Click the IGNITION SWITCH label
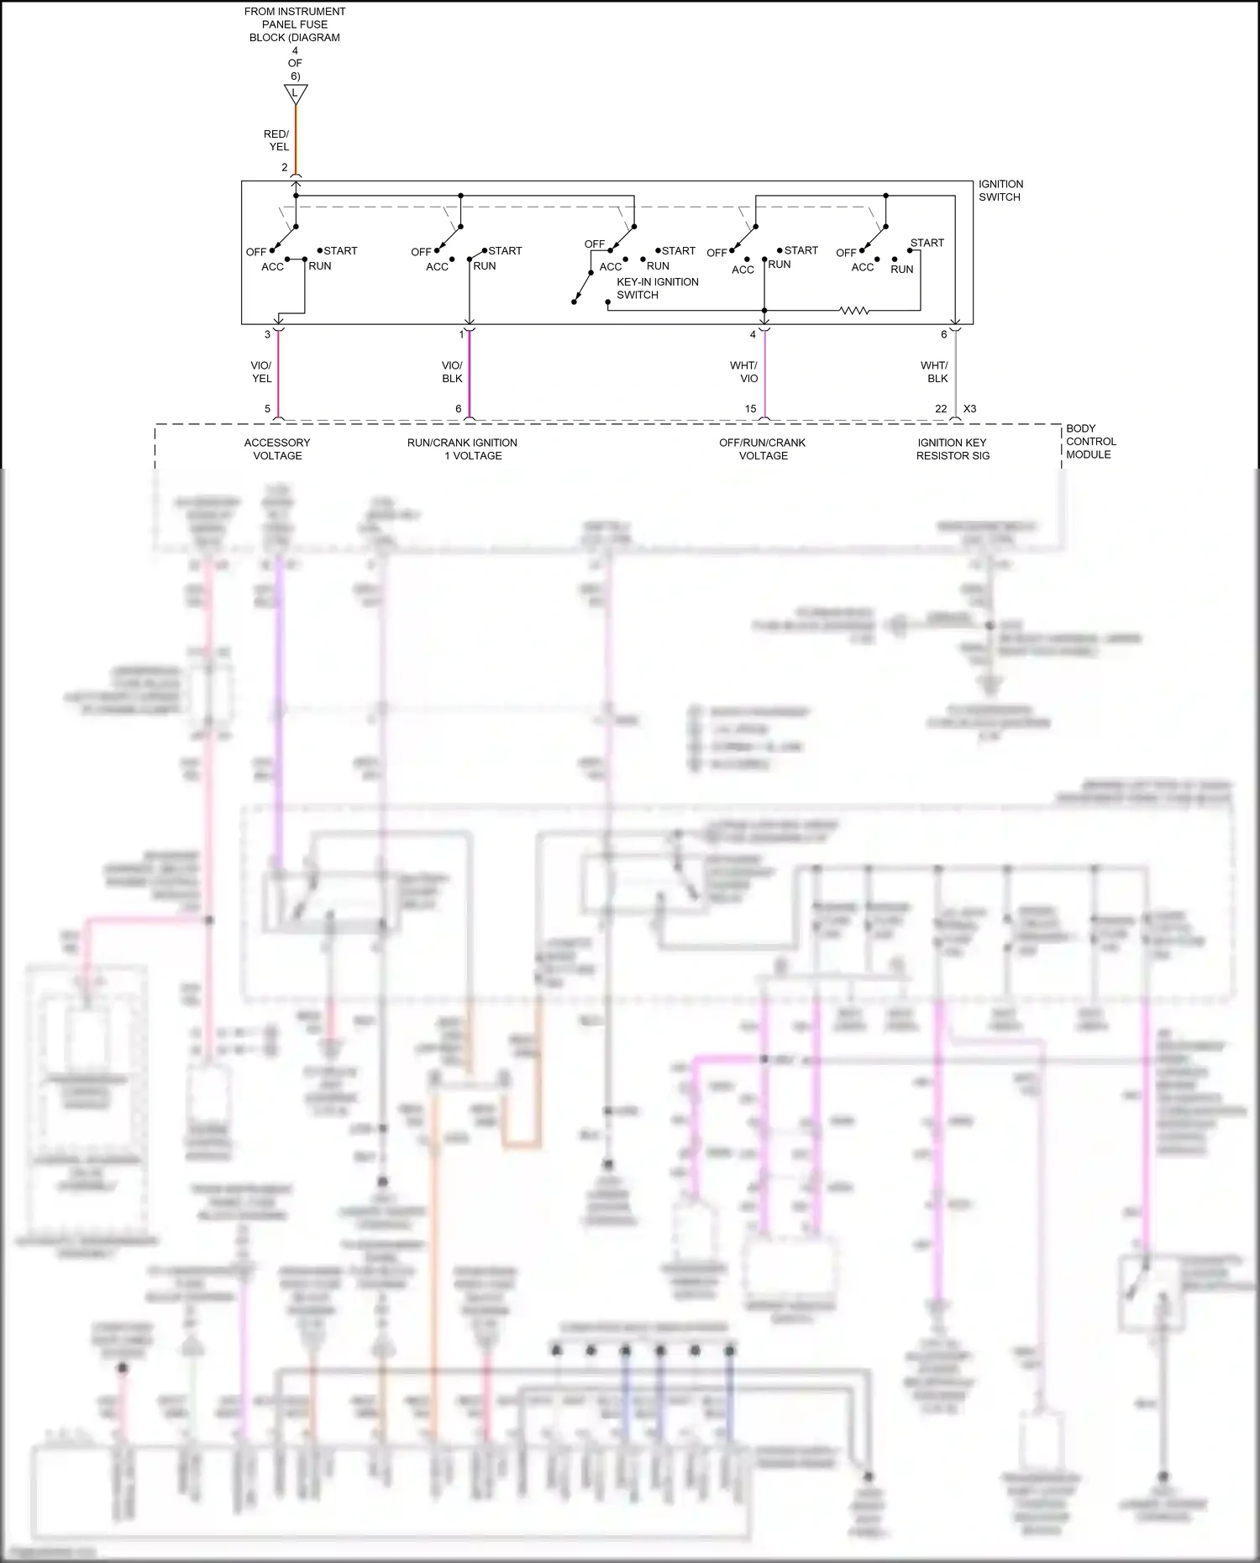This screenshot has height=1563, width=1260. (1000, 191)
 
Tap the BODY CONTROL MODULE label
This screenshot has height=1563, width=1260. (1090, 442)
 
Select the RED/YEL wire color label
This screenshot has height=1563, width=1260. (276, 140)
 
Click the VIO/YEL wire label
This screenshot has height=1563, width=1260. (261, 372)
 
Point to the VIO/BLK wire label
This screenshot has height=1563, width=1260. (452, 372)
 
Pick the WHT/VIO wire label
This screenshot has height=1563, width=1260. (743, 372)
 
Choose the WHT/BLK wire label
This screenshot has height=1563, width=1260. (934, 372)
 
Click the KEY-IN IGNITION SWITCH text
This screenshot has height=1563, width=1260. (657, 288)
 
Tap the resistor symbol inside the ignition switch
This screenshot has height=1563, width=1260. (853, 311)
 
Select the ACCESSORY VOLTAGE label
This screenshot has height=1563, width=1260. (277, 449)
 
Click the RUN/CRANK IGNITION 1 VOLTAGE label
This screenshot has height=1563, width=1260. (463, 449)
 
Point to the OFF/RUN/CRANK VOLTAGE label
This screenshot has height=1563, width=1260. (763, 449)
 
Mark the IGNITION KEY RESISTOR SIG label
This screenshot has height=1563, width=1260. (953, 449)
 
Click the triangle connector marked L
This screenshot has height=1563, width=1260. (296, 92)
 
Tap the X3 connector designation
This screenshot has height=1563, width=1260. (969, 409)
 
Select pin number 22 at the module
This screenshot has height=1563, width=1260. (941, 409)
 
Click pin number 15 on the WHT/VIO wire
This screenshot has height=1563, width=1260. (750, 409)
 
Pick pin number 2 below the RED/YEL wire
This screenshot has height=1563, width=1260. (285, 167)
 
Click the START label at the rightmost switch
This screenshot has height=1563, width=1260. (927, 243)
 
